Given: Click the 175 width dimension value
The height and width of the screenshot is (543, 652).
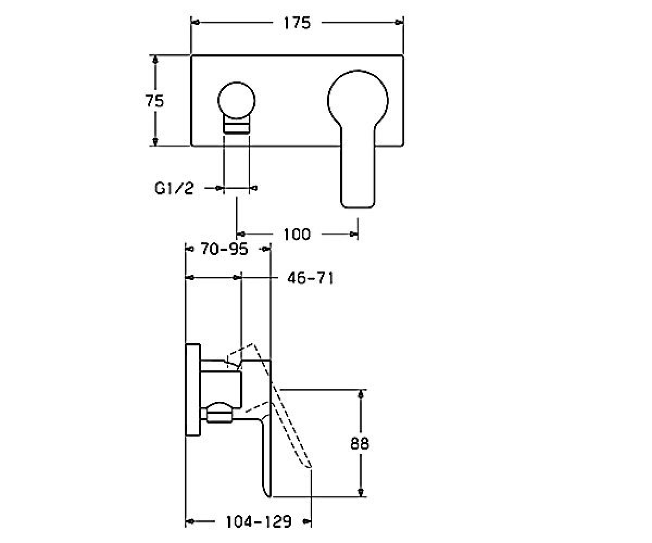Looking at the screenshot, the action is tap(297, 23).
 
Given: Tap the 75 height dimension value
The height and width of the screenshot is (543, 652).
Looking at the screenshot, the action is tap(154, 101).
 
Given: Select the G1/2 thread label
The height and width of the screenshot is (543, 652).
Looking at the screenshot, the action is tap(174, 188).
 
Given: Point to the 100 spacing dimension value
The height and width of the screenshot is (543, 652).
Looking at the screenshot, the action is tap(297, 235).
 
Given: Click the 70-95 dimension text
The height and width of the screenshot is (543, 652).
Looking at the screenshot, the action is tap(224, 249).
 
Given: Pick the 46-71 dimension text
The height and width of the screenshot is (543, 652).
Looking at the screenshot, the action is tap(310, 278).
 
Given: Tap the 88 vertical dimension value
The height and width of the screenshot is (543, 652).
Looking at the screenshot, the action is tap(360, 444).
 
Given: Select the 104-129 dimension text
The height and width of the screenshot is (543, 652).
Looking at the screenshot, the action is tap(259, 521).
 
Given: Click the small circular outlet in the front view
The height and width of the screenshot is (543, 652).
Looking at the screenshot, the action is tap(236, 100).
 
